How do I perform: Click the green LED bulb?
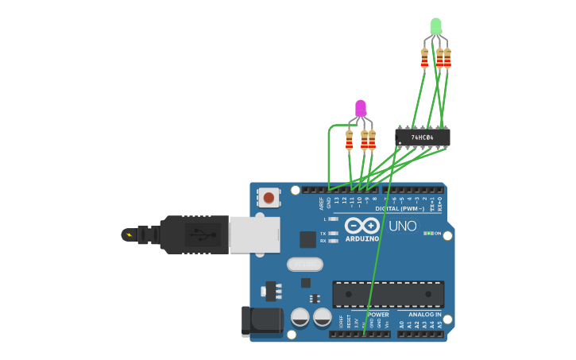435,26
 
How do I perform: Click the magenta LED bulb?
361,107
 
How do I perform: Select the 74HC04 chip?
423,137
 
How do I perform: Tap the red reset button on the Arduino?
269,197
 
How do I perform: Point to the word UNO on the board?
402,226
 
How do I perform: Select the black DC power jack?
262,320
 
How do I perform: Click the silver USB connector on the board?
254,235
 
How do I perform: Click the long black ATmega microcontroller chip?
388,294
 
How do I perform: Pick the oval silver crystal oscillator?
304,264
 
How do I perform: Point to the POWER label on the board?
378,315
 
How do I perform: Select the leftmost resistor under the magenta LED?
349,140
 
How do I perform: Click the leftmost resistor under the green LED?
424,57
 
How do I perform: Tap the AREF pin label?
321,203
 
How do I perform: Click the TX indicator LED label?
323,234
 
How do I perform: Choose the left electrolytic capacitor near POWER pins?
300,317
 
